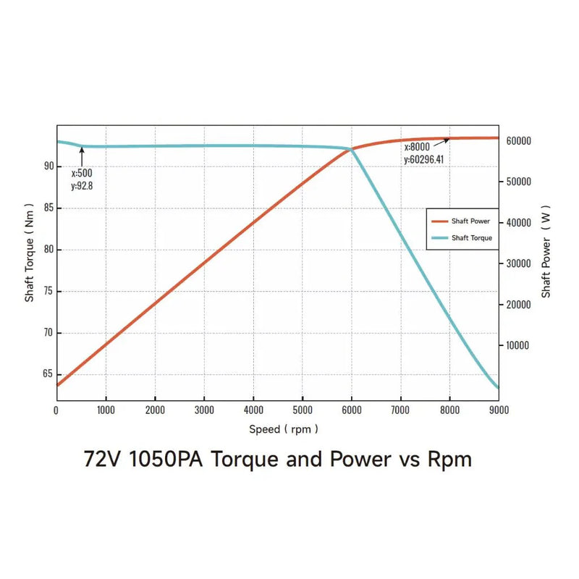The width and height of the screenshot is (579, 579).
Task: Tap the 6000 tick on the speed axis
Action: pos(352,410)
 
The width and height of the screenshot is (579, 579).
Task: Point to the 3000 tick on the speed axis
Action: pos(204,410)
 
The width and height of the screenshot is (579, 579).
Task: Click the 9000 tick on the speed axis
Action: pos(499,410)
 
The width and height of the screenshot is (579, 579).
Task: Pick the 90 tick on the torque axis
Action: pos(48,166)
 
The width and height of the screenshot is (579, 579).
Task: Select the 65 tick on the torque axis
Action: pos(48,374)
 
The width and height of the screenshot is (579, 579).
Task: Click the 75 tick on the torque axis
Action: pos(48,291)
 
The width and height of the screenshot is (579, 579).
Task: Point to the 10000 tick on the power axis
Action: pos(518,345)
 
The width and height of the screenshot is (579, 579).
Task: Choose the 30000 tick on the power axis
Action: pos(518,263)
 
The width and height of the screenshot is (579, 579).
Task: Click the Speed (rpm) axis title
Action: pos(283,429)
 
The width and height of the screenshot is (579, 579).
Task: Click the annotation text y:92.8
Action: pos(82,185)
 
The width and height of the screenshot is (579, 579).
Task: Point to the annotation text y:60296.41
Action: pos(423,159)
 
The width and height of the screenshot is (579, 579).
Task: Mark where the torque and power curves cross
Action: pos(352,150)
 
